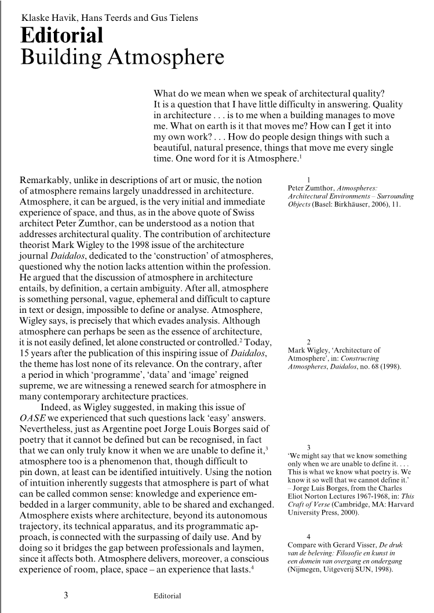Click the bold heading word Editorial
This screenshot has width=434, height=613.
click(x=61, y=36)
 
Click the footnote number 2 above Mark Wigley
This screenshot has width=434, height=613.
click(x=308, y=341)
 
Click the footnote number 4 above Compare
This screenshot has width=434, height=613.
click(x=308, y=537)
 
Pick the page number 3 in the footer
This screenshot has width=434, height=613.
click(x=66, y=594)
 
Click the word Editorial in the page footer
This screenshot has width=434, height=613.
click(x=167, y=596)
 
